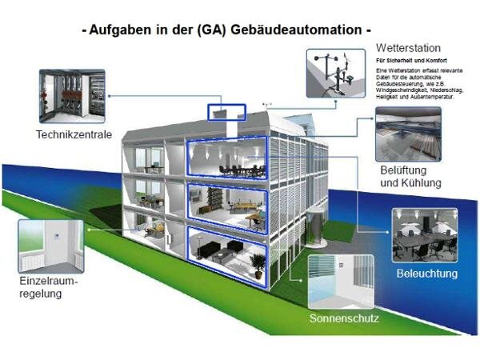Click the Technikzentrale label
point(73,134)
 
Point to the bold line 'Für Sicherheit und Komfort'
point(412,61)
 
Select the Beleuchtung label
point(427,274)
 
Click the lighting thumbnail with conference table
point(425,237)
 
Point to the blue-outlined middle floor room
point(226,206)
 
